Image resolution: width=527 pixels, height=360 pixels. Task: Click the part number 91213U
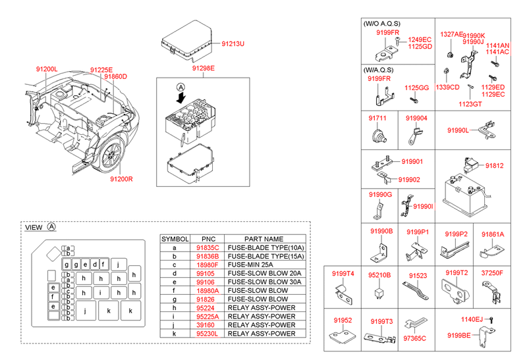point(233,43)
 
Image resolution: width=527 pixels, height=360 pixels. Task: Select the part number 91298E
point(203,68)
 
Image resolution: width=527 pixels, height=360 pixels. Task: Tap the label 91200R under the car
point(122,178)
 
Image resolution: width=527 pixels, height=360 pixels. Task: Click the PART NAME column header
point(263,239)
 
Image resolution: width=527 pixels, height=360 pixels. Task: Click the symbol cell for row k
point(174,333)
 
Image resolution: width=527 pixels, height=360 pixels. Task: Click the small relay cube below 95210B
point(380,292)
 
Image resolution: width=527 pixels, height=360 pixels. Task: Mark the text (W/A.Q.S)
point(379,68)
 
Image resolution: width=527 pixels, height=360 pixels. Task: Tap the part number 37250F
point(492,272)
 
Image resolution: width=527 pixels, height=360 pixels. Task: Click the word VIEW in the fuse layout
point(34,227)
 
